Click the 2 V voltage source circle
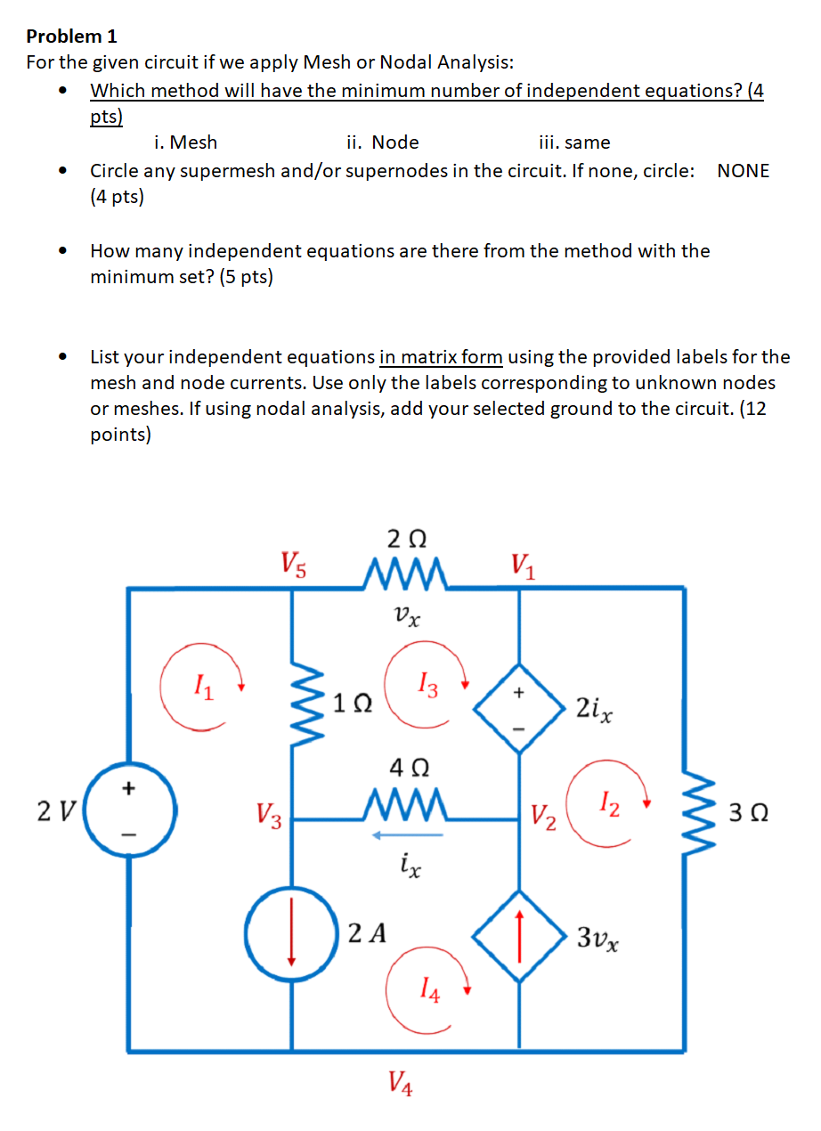130,813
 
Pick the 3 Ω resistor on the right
684,813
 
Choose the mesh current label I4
428,989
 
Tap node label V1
522,564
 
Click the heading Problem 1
72,37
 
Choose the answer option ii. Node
383,142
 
